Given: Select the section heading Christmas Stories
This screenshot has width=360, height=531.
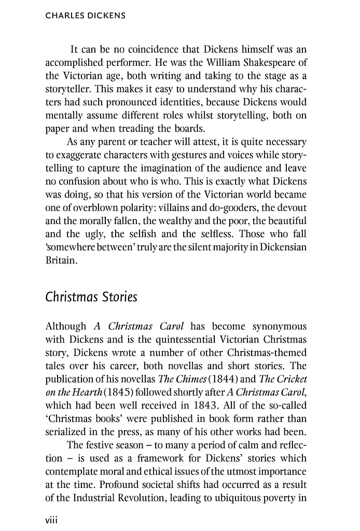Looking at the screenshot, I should tap(91, 298).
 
